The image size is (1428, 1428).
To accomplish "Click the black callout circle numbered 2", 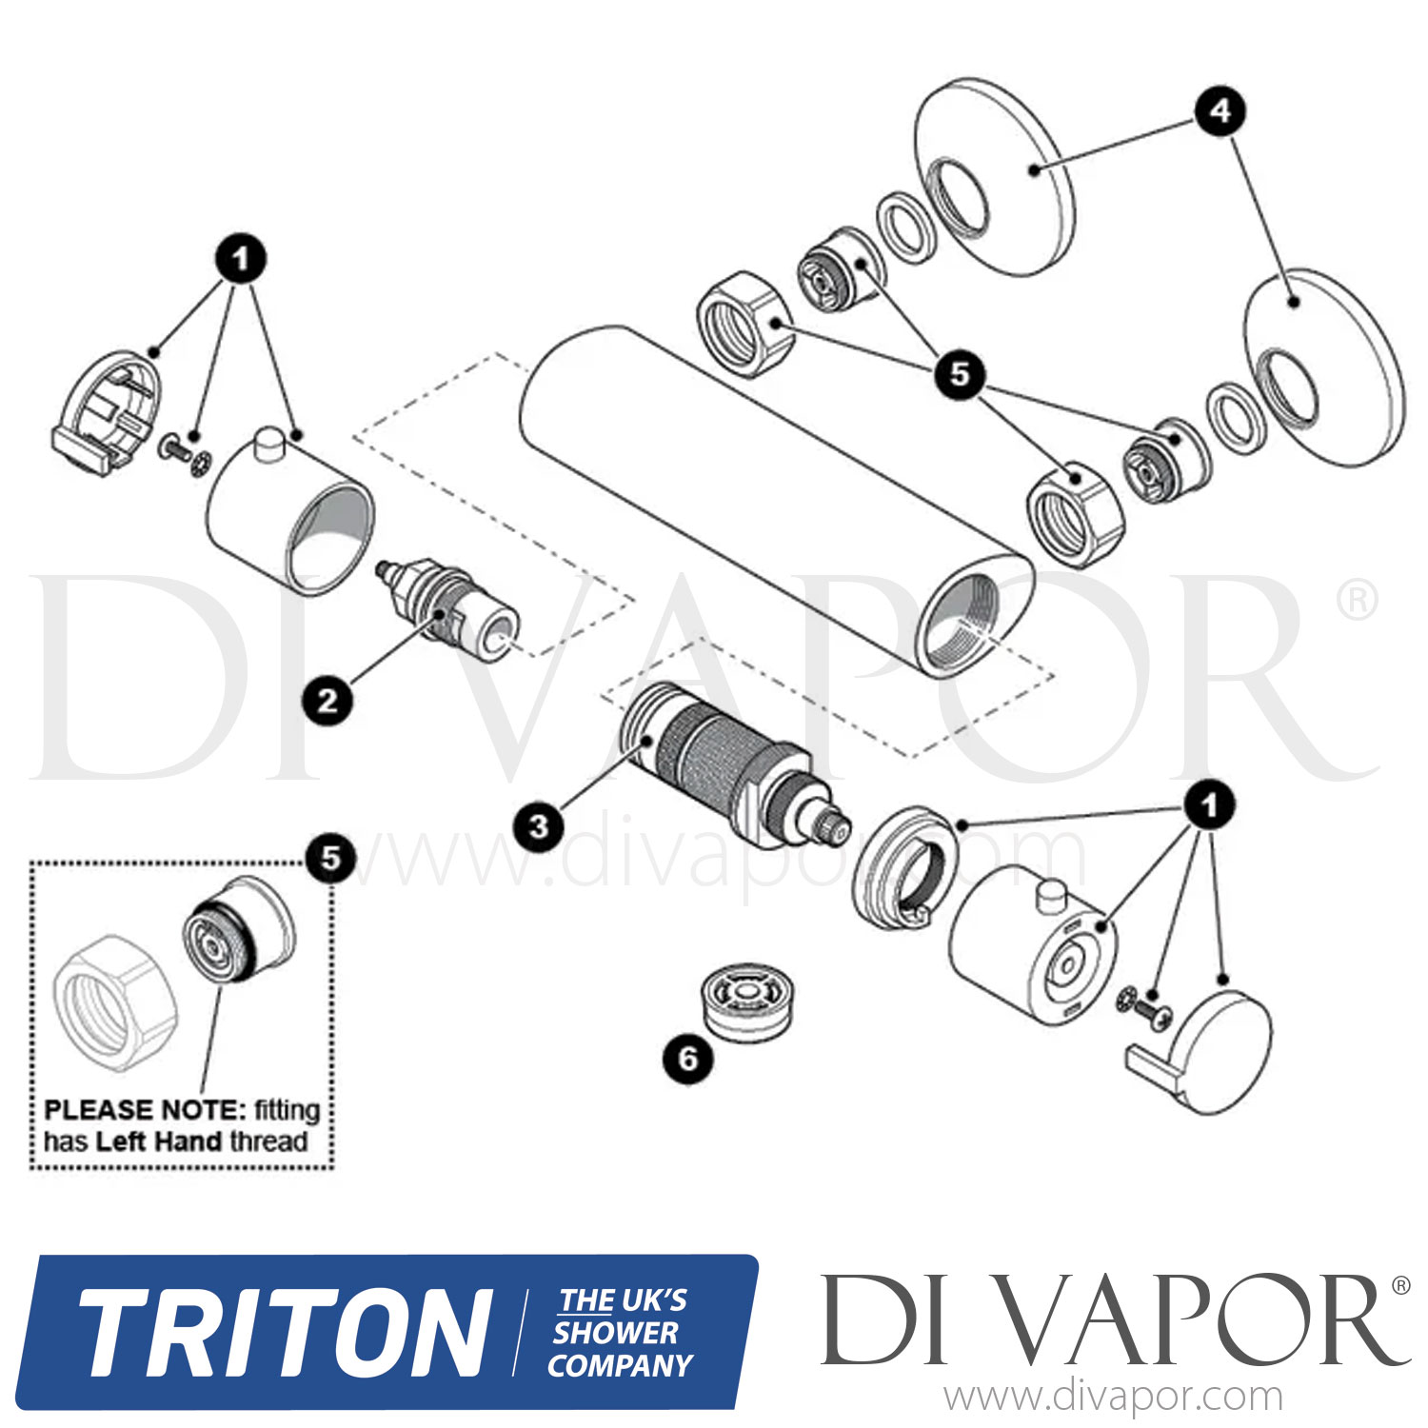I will tap(327, 702).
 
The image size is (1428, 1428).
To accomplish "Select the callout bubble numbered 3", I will tap(539, 825).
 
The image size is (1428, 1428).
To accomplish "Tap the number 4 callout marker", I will tap(1220, 111).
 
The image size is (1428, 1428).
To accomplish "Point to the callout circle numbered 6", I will tap(687, 1059).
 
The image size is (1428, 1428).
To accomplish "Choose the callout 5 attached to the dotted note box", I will tap(329, 858).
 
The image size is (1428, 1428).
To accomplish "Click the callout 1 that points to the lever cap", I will tap(1209, 806).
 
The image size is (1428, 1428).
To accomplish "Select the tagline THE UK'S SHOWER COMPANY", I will tap(621, 1333).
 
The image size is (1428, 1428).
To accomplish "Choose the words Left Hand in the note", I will tap(159, 1141).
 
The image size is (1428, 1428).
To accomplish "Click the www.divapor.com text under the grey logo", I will tap(1113, 1398).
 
